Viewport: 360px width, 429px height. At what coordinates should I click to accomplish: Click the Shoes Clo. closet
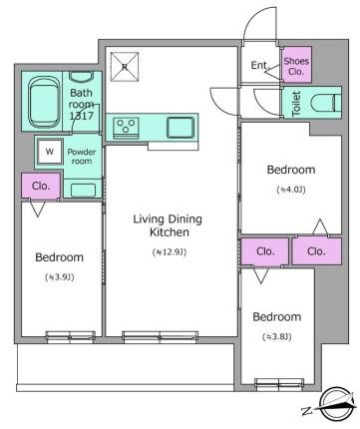tap(297, 65)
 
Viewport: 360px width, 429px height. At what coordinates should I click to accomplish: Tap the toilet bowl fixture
tap(326, 103)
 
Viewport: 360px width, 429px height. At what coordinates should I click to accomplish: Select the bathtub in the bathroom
tap(42, 103)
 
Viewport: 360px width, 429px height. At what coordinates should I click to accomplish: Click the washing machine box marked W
tap(50, 152)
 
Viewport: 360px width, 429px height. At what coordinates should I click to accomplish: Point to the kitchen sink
tap(180, 128)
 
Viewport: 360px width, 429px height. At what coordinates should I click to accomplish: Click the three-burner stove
tap(126, 128)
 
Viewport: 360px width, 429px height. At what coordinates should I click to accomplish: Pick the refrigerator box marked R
tap(125, 67)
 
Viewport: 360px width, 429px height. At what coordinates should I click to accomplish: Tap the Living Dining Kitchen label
tap(168, 225)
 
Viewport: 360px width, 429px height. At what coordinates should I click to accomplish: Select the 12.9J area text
tap(170, 252)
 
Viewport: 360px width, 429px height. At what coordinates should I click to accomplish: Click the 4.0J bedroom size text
tap(291, 190)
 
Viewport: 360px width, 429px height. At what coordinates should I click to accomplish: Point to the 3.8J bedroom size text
tap(277, 337)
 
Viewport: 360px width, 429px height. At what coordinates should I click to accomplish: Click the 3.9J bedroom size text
tap(60, 277)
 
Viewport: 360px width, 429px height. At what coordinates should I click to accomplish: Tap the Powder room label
tap(82, 157)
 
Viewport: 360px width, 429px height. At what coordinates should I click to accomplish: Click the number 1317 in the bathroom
tap(82, 116)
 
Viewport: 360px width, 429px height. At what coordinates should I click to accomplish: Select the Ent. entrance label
tap(260, 65)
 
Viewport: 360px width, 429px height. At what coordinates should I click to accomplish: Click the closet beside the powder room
tap(41, 186)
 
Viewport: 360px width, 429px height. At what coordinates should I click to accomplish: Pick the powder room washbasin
tap(83, 190)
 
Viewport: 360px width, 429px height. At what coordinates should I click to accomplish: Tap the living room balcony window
tap(160, 336)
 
